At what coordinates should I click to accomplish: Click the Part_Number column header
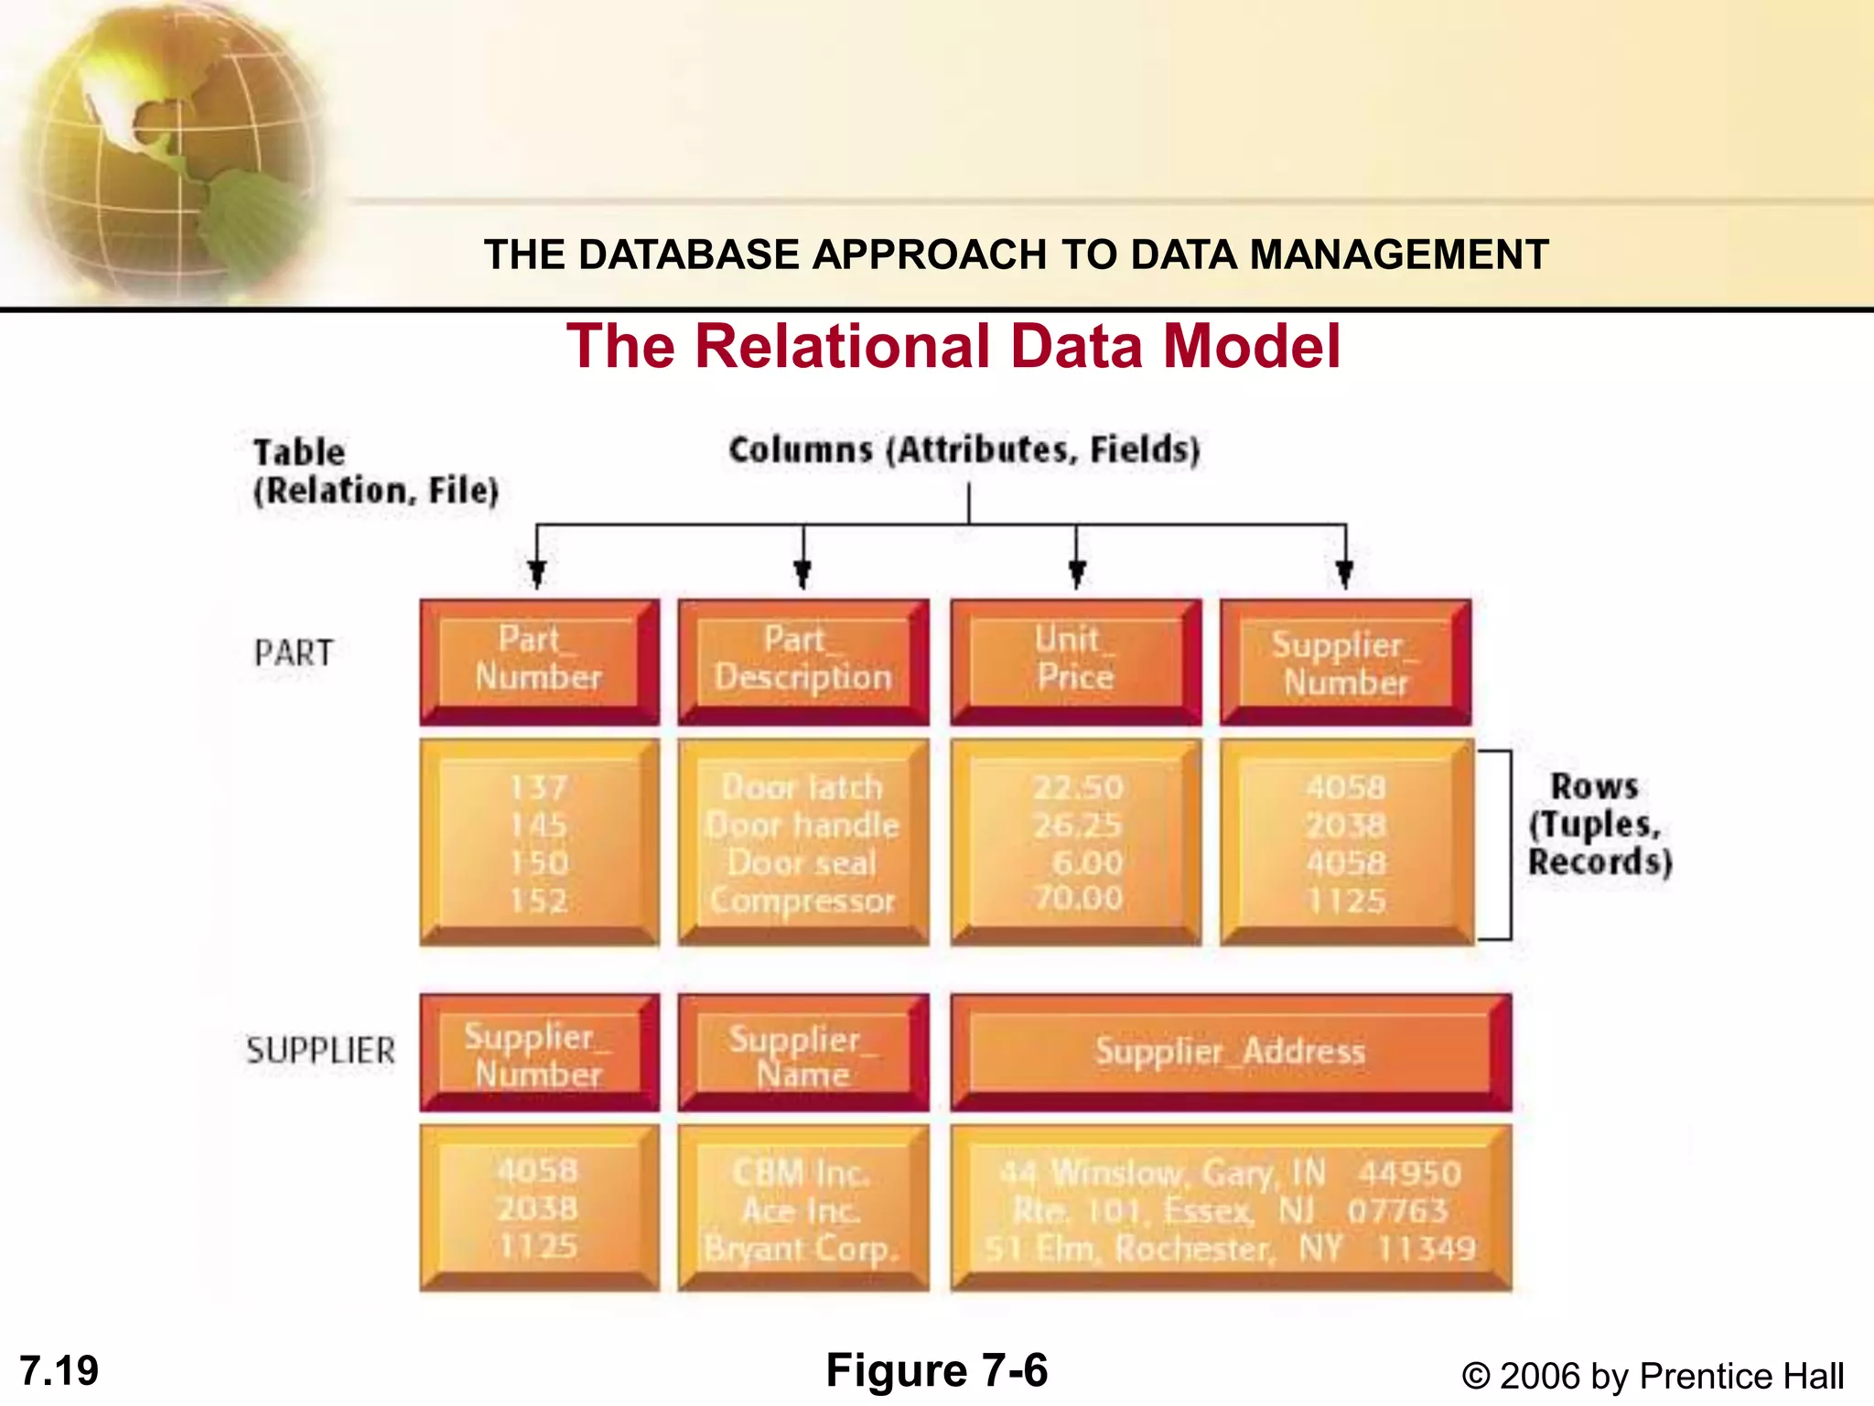coord(539,660)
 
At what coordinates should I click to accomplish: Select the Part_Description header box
coord(802,660)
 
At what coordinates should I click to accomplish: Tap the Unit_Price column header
coord(1075,660)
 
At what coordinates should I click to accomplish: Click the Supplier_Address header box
coord(1230,1052)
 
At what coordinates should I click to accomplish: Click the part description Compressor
coord(802,901)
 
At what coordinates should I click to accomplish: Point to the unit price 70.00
coord(1078,898)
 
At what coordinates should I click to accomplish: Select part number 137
coord(539,787)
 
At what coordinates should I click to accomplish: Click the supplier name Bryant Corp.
coord(802,1249)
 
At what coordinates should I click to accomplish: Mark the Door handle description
coord(802,826)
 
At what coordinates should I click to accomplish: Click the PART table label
coord(294,654)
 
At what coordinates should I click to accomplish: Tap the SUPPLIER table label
coord(320,1051)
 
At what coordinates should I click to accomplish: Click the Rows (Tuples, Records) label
coord(1599,824)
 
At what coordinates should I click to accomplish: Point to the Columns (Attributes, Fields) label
coord(964,450)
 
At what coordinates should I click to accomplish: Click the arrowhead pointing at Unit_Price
coord(1077,574)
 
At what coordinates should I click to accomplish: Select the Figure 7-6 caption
coord(936,1370)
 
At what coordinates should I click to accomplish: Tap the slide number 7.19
coord(59,1371)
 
